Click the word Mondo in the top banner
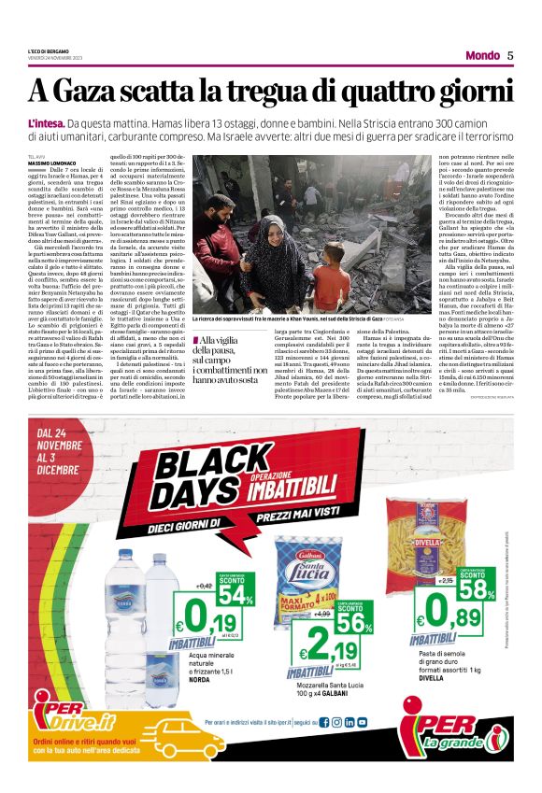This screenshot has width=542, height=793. [481, 55]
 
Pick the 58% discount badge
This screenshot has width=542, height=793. [477, 585]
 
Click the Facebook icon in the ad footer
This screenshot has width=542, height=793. [324, 722]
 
